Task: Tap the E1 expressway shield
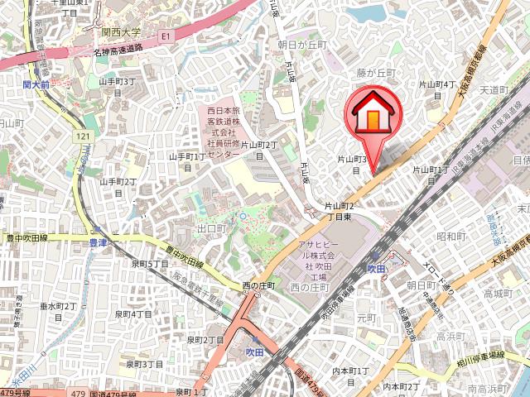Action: tap(166, 36)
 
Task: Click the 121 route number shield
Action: tap(84, 136)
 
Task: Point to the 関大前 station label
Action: tap(38, 84)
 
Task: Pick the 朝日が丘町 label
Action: tap(303, 45)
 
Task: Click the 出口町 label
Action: tap(212, 227)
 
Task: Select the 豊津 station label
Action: tap(98, 243)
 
